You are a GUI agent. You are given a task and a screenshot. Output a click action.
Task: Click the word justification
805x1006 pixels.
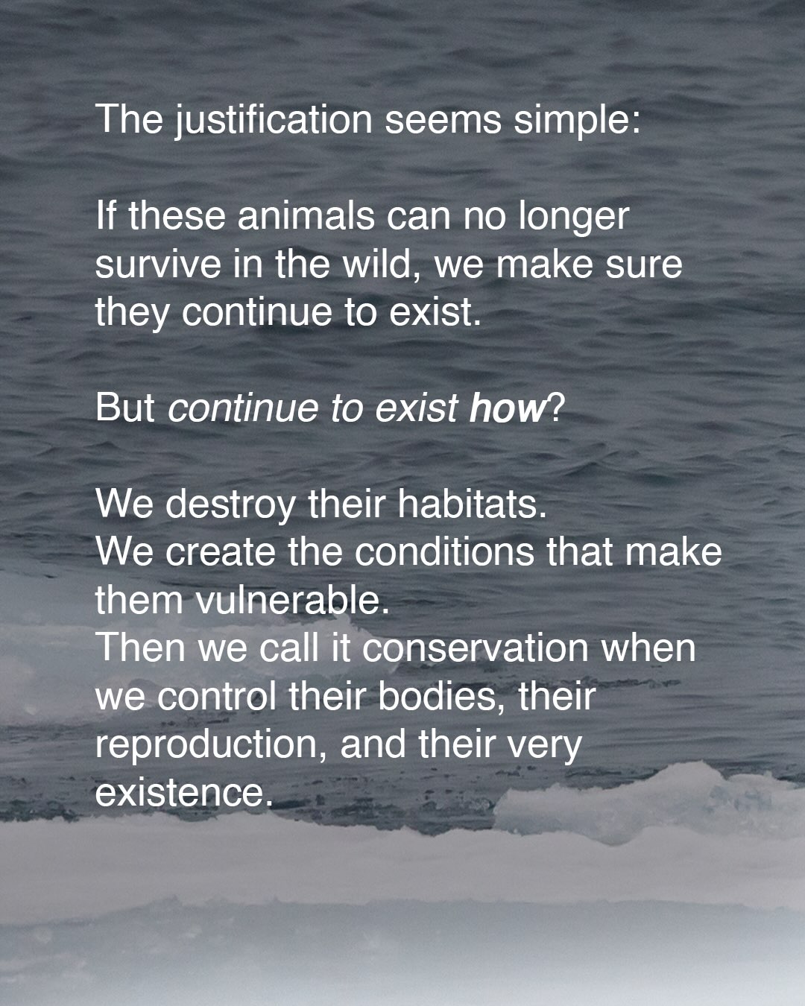[x=274, y=121]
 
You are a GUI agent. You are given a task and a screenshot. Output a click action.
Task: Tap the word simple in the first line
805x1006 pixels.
[x=577, y=121]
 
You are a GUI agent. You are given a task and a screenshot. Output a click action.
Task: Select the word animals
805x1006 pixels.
[x=306, y=216]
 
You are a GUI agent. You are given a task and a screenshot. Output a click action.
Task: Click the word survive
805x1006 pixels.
[x=158, y=265]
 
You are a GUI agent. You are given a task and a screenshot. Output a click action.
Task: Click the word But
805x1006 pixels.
[x=125, y=408]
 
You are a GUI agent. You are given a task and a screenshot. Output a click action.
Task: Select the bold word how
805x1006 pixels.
[x=507, y=408]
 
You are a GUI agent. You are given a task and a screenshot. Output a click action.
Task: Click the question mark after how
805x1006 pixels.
[x=556, y=408]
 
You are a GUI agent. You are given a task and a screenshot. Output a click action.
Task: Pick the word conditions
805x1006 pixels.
[x=444, y=551]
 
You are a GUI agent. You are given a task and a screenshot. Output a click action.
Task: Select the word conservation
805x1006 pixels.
[x=476, y=649]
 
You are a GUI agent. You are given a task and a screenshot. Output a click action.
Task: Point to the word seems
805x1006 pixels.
[x=443, y=121]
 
